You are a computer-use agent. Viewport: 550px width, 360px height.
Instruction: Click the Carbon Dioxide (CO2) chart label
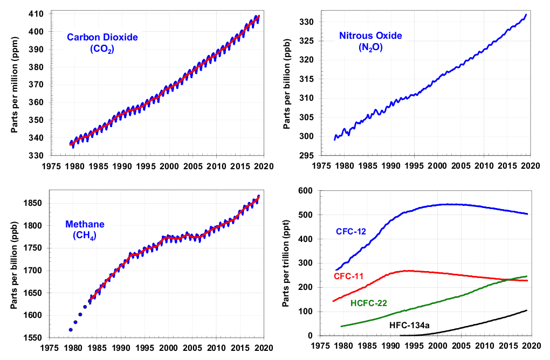tap(102, 43)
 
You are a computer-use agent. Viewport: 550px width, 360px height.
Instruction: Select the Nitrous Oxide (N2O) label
tap(370, 41)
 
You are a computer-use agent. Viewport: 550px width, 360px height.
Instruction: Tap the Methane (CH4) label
tap(85, 229)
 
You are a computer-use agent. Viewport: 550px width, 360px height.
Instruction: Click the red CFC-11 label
tap(348, 276)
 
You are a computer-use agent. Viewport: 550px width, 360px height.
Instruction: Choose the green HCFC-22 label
tap(369, 303)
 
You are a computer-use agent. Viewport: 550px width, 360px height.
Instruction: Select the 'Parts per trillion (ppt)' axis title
tap(286, 264)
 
